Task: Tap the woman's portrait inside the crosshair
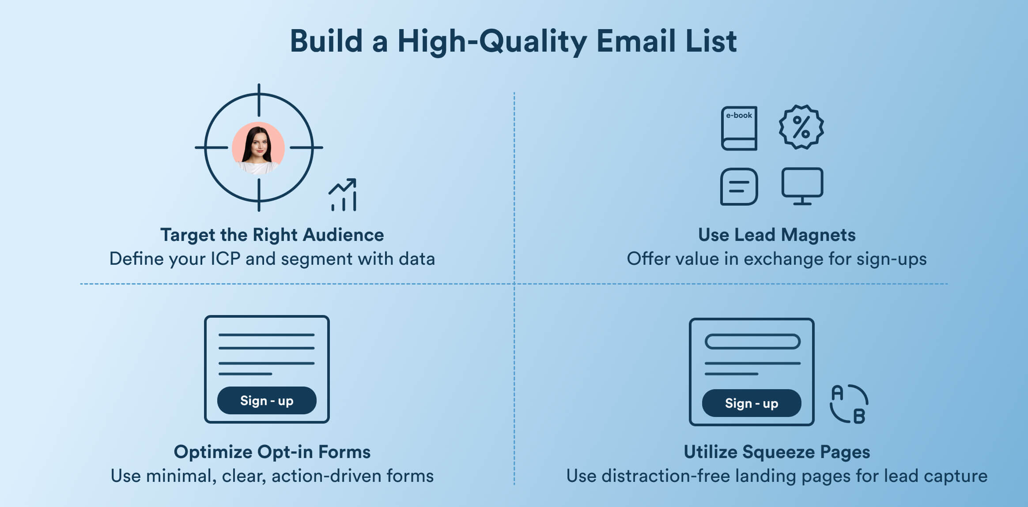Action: tap(258, 148)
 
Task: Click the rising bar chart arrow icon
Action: tap(343, 195)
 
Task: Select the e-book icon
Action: tap(739, 128)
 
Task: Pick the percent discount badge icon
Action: tap(801, 127)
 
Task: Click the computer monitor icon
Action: tap(802, 186)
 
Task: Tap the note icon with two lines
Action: tap(739, 187)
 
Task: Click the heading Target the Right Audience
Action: tap(272, 235)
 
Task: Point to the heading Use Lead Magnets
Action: tap(777, 235)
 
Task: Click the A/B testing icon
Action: tap(849, 404)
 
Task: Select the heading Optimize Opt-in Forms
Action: tap(272, 452)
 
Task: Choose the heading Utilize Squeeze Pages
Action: tap(777, 452)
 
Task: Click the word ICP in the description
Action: tap(225, 259)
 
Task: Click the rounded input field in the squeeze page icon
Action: tap(752, 342)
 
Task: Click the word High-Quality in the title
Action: tap(492, 41)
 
